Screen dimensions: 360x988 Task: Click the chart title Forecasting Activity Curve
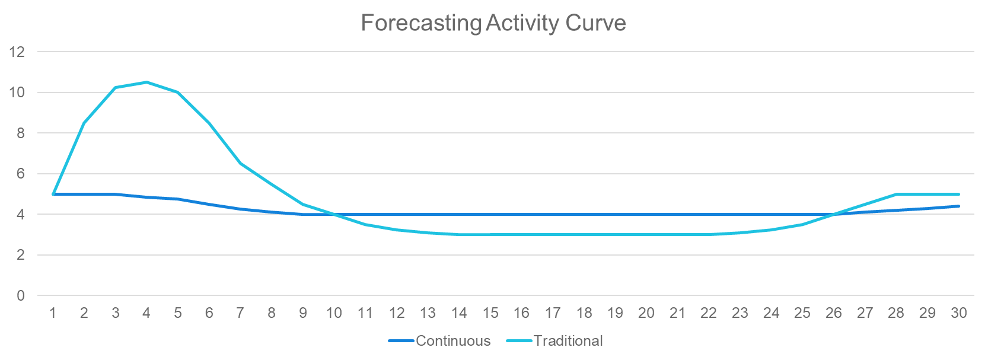coord(493,23)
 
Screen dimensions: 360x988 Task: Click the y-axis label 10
coord(17,93)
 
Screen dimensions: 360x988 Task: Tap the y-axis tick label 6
coord(21,174)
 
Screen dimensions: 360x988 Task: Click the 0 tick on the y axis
coord(21,295)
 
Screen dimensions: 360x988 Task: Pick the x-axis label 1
coord(53,313)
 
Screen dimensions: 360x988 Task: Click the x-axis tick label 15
coord(490,313)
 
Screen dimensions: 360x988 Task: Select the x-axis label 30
coord(959,313)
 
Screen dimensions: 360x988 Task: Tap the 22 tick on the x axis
coord(709,313)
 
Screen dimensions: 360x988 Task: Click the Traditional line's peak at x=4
coord(147,82)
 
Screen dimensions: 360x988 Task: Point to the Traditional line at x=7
coord(241,163)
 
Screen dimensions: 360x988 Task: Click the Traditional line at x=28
coord(897,194)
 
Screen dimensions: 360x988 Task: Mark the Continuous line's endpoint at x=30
coord(959,206)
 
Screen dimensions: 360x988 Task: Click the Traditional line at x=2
coord(84,123)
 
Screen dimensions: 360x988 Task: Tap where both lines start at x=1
coord(53,194)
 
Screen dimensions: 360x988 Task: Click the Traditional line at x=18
coord(584,235)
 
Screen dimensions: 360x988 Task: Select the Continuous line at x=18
coord(584,214)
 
